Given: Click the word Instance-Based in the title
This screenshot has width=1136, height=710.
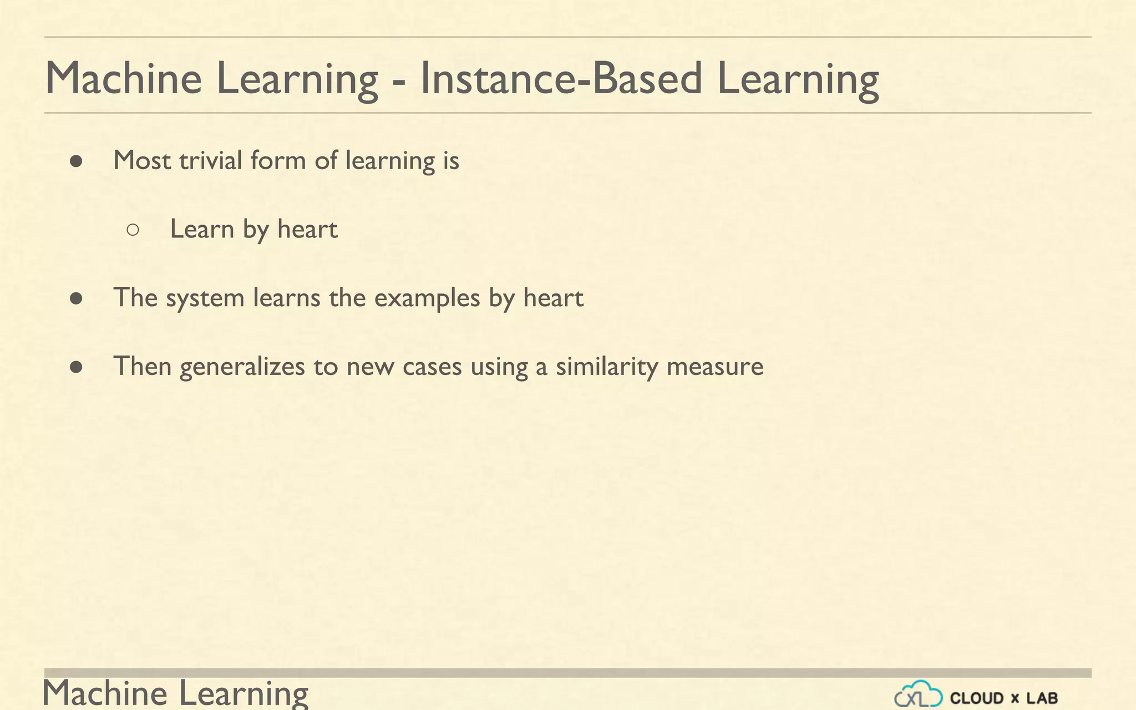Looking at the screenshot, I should [561, 78].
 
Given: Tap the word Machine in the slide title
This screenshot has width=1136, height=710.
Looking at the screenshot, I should [123, 78].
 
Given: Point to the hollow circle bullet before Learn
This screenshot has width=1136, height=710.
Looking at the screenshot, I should [133, 230].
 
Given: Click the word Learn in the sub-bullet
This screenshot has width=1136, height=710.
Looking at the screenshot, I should [202, 229].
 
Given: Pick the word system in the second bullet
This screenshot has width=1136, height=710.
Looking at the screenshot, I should [205, 298].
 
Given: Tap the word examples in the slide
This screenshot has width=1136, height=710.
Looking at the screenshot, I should [427, 298].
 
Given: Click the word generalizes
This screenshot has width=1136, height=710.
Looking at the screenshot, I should [242, 367].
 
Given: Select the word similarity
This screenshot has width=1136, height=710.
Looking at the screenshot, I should [606, 367].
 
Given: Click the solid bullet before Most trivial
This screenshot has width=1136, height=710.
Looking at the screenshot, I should [77, 161].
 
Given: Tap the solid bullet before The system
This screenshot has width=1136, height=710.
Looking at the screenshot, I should [77, 299].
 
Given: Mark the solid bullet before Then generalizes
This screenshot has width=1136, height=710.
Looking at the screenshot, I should [77, 367].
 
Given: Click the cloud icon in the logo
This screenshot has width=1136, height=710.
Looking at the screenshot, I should [918, 694].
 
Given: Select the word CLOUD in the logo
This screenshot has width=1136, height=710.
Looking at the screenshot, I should [977, 698].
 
